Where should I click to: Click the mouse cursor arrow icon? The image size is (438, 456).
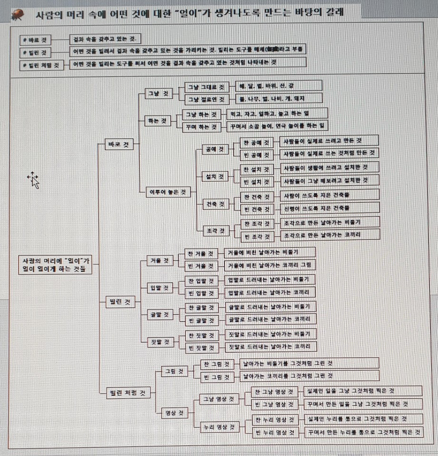(33, 180)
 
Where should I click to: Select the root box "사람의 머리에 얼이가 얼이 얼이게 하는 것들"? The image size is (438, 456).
(56, 265)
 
